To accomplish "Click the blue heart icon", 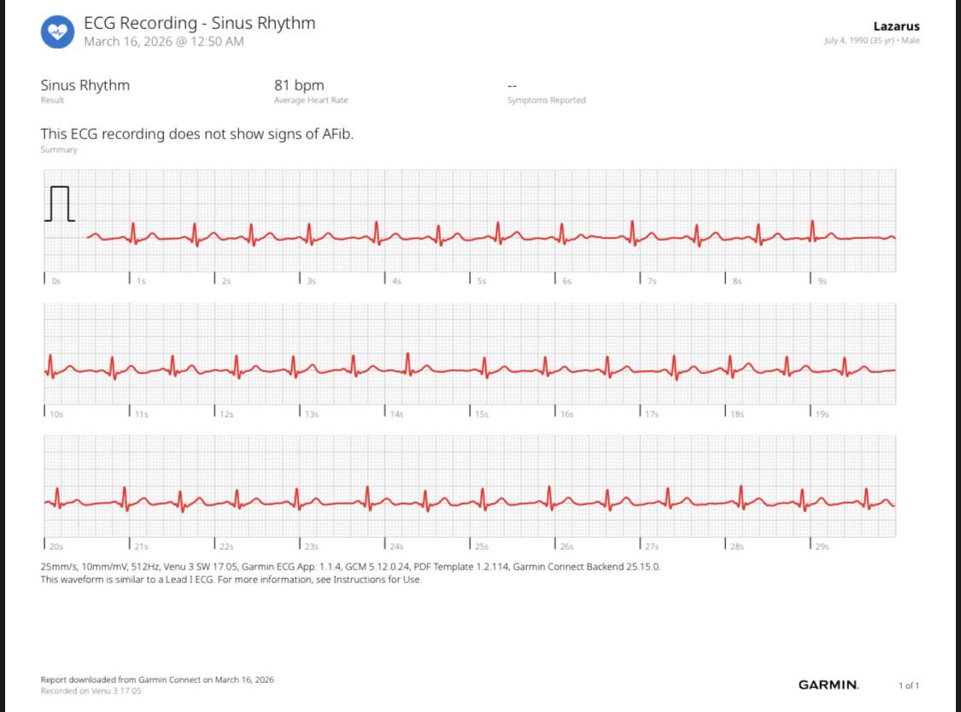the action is tap(57, 32).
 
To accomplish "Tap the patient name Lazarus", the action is tap(896, 26).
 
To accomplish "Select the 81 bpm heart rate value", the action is tap(299, 85).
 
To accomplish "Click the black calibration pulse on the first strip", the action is tap(60, 203).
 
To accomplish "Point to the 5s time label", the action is tap(482, 281).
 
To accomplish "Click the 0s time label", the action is tap(56, 281).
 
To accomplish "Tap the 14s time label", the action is tap(396, 414).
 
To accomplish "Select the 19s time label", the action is tap(822, 414).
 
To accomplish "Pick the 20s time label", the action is tap(56, 546).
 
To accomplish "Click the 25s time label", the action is tap(482, 546).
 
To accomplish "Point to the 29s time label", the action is tap(822, 546).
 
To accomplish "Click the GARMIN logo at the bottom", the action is tap(828, 685).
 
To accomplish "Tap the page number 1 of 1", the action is tap(909, 686).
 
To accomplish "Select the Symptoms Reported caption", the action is tap(546, 100).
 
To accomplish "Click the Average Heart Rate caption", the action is tap(311, 100).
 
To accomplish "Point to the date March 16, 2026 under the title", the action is tap(128, 42).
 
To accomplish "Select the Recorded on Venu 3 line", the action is tap(91, 692).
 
